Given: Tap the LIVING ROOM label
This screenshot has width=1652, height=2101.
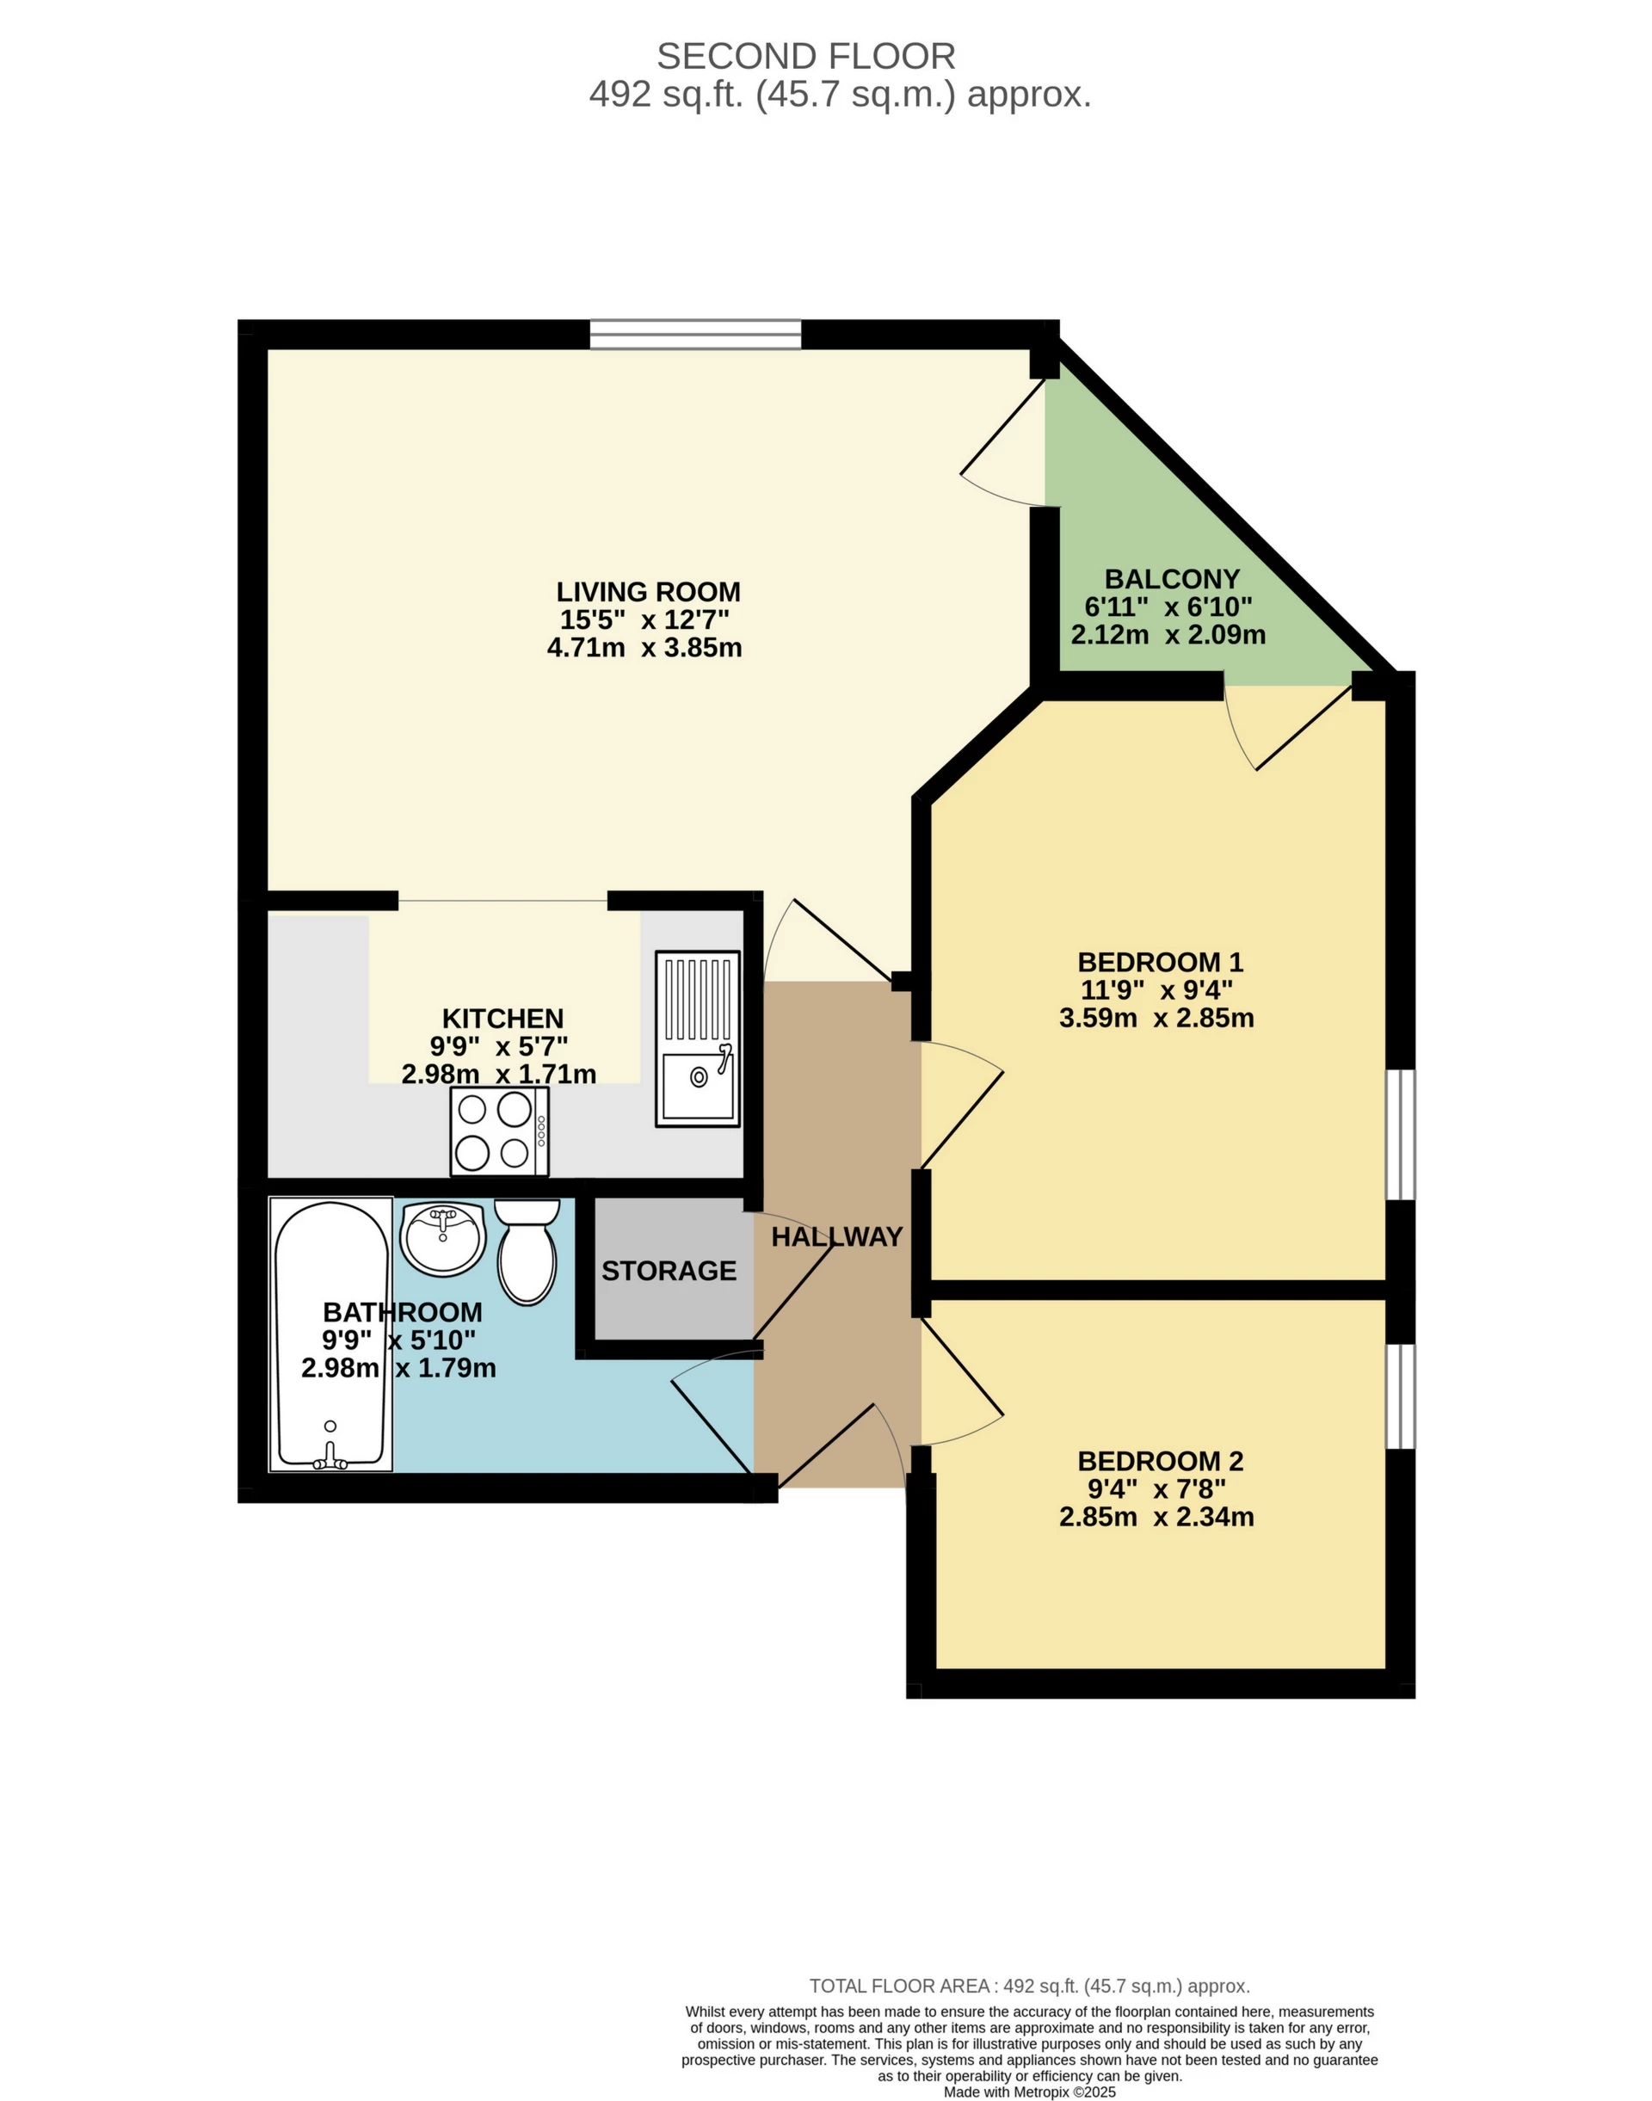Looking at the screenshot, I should click(648, 591).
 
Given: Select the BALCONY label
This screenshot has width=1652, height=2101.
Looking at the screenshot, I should click(1171, 578).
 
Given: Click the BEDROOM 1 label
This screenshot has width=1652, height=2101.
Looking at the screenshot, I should click(1160, 962).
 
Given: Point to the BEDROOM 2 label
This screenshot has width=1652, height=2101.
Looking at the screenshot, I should click(1160, 1461).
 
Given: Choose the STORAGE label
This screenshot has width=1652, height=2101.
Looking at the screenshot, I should click(669, 1270).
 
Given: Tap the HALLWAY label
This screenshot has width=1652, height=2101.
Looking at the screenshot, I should click(836, 1236).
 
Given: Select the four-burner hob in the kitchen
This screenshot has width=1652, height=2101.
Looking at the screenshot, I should click(499, 1131).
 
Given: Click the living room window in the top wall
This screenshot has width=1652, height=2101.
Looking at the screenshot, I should click(695, 334).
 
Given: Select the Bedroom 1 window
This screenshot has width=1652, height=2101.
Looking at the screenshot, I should click(1400, 1134).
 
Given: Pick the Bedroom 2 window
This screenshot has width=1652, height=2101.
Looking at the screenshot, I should click(1400, 1396).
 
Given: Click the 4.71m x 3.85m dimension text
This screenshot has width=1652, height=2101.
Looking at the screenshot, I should click(644, 647).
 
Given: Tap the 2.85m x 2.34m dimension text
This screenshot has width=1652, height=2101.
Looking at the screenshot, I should click(1156, 1517).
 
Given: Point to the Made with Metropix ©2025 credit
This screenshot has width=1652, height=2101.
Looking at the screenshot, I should click(1029, 2092).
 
